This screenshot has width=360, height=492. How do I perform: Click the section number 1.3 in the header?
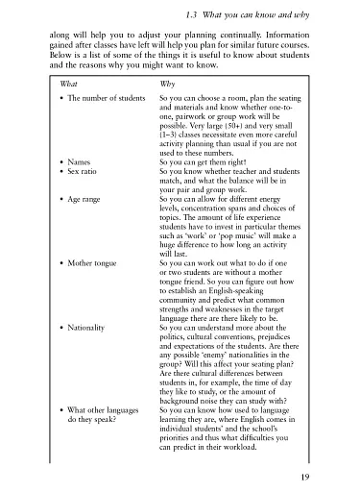pos(193,11)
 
